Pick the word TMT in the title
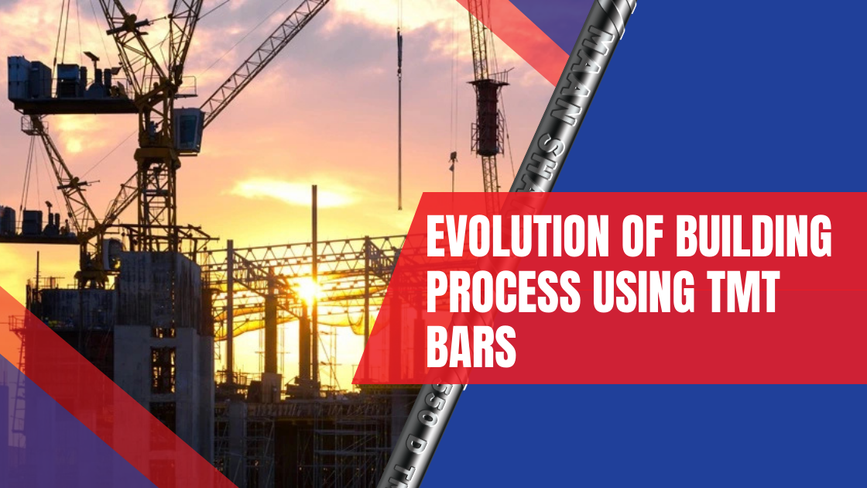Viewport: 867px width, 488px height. point(738,295)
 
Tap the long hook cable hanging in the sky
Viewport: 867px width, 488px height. point(399,116)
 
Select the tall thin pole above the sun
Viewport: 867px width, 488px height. point(314,232)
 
